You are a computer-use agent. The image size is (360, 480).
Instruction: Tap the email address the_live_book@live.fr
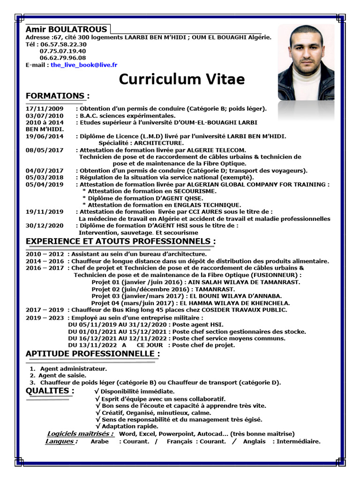coord(84,65)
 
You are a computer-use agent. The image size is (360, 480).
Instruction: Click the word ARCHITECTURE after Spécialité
coord(159,142)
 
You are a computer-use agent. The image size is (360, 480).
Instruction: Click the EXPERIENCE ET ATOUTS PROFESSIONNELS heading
coord(120,241)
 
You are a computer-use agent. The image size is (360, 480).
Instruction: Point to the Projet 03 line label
coord(105,296)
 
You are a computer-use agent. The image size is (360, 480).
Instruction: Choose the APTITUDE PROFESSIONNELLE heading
coord(92,353)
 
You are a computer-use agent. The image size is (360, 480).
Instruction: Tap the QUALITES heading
coord(50,390)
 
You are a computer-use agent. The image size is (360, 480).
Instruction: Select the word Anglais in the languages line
coord(254,441)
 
